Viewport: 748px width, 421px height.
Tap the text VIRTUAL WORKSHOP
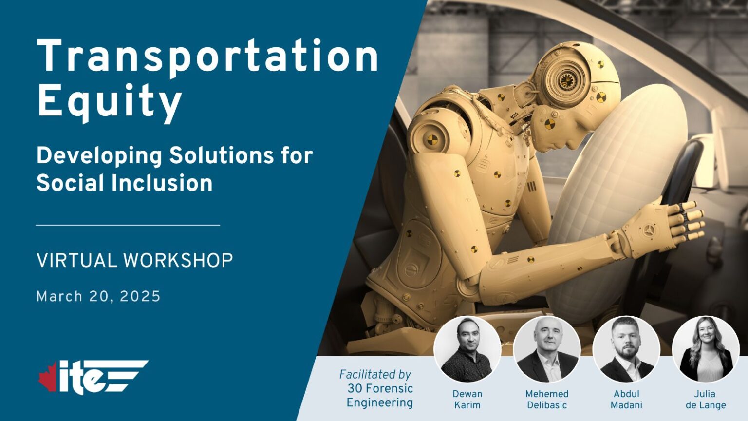pos(135,260)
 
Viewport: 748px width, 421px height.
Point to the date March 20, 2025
pos(98,296)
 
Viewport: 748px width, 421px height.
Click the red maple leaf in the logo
pos(48,376)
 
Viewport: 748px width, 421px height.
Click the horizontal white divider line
pos(128,225)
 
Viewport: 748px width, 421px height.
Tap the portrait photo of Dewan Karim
pos(467,349)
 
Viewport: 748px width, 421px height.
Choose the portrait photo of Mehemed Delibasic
pos(547,349)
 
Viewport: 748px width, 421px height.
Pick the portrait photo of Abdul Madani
pos(626,349)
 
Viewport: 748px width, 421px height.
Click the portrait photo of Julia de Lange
pos(705,349)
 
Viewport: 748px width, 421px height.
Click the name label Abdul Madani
pos(626,400)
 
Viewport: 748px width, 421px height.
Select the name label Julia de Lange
pos(705,400)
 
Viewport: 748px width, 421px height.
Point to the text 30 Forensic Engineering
pos(380,396)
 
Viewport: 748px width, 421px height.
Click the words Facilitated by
pos(375,374)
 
